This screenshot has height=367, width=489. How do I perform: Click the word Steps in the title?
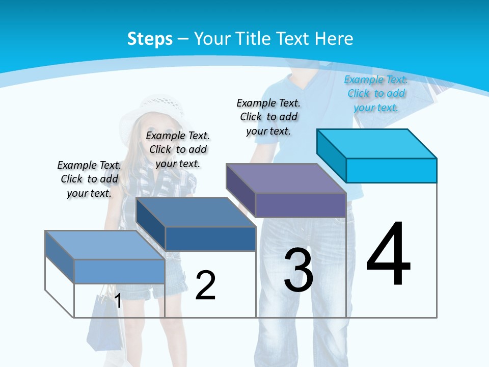pos(150,39)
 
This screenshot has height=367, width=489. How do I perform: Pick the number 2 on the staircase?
pos(205,285)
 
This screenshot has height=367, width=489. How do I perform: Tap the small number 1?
pos(118,301)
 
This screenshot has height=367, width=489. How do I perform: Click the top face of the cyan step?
pos(377,143)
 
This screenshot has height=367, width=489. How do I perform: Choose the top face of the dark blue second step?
pos(196,212)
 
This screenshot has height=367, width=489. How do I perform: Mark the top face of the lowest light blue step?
pos(105,245)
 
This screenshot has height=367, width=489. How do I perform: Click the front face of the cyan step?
pos(391,170)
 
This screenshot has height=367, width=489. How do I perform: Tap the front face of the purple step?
pos(301,205)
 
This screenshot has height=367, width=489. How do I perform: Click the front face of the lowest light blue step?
pos(119,271)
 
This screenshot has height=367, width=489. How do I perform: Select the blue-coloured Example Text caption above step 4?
pos(376,93)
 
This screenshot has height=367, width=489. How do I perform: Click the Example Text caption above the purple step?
pos(268,117)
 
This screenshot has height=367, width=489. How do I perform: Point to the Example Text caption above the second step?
pos(178,149)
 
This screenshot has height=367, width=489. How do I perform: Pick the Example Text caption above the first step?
pos(89,179)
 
